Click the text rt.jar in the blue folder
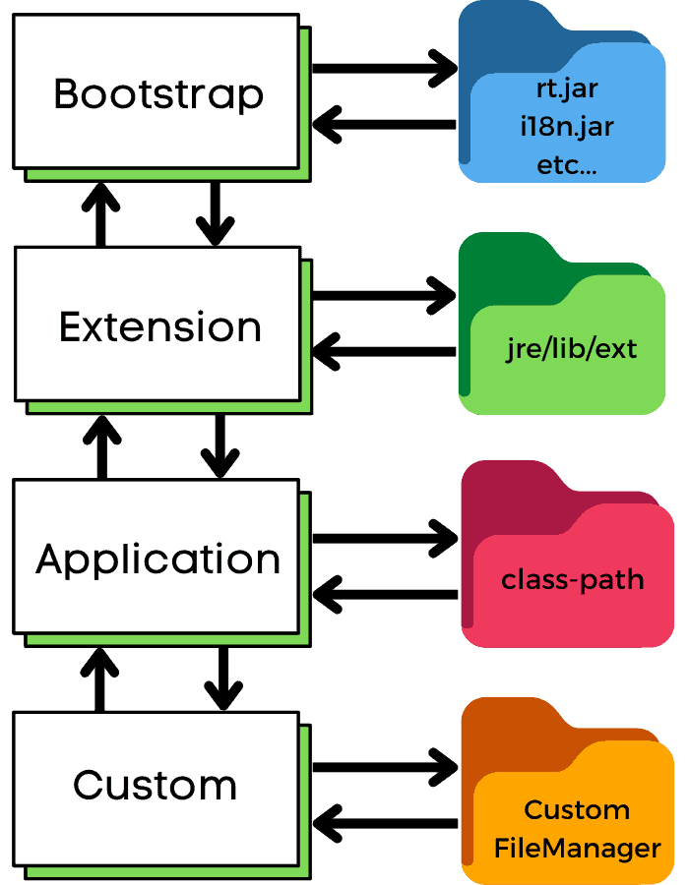point(566,89)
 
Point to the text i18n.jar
point(567,128)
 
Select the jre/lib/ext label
point(570,349)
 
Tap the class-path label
point(572,579)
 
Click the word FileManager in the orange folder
point(577,848)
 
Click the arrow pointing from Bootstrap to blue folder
point(384,69)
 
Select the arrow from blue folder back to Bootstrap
point(384,125)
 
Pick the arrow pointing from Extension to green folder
point(384,295)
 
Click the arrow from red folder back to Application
point(384,594)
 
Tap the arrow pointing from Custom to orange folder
point(384,764)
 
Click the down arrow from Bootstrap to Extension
point(216,213)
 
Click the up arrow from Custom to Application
point(99,678)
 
